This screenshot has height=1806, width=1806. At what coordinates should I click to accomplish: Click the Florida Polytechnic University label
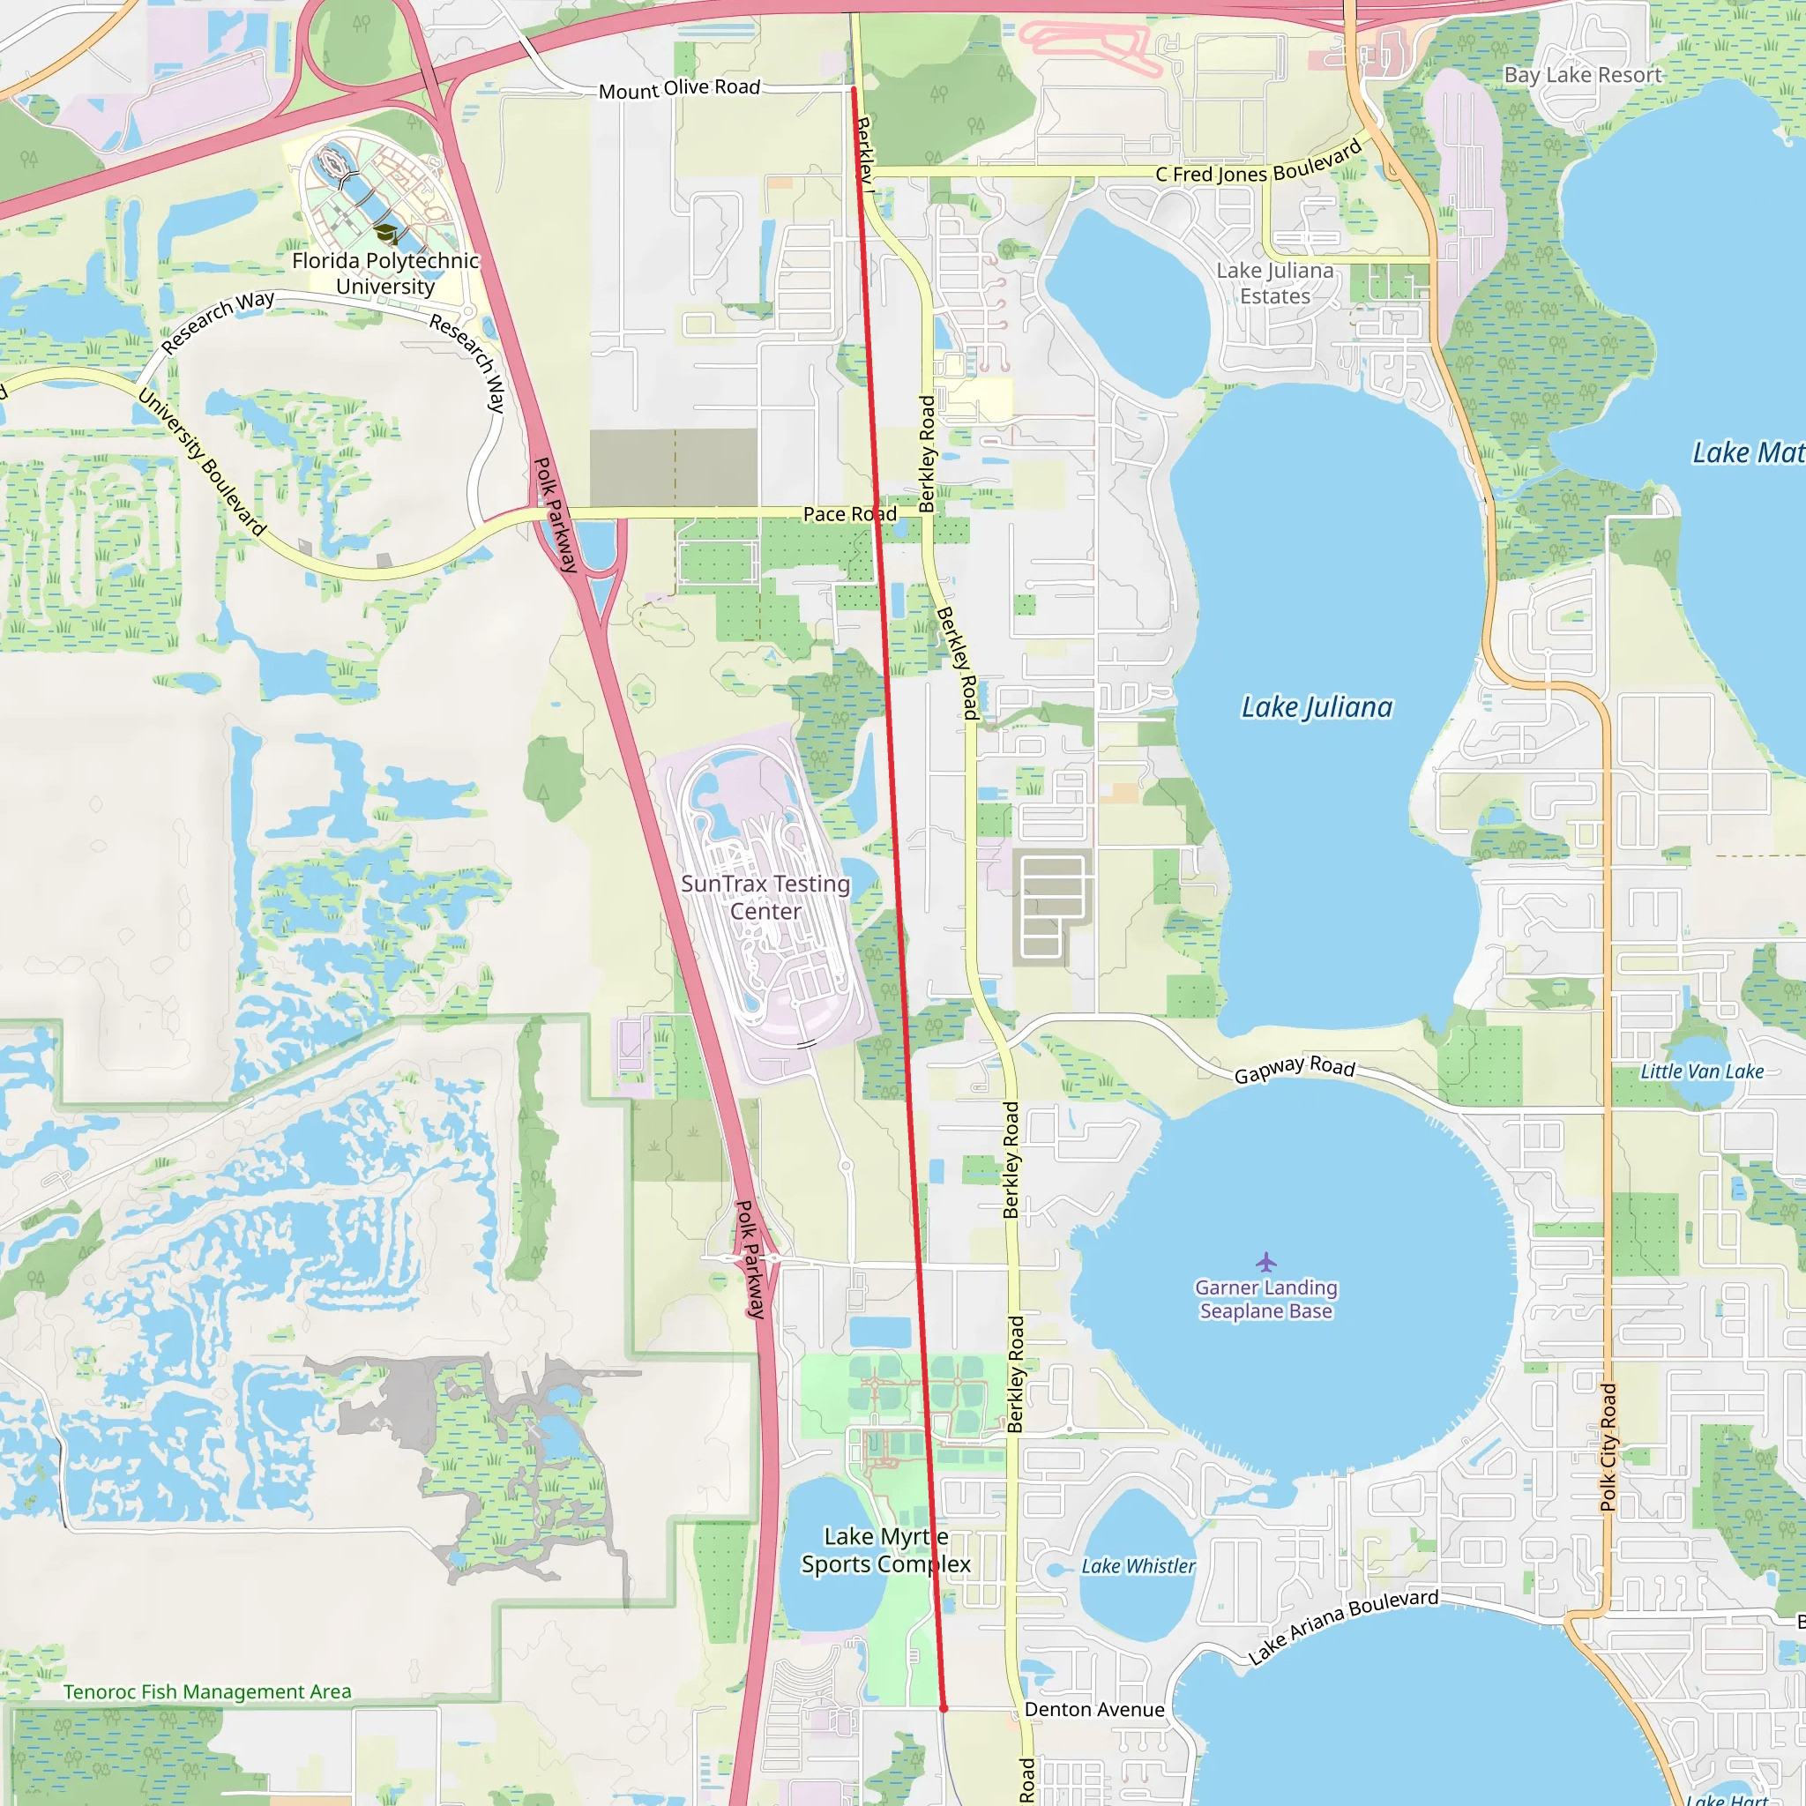385,273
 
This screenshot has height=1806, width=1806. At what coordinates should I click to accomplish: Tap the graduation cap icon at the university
385,233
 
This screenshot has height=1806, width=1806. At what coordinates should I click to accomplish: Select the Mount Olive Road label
680,89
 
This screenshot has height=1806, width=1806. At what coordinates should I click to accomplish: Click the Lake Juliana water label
1317,707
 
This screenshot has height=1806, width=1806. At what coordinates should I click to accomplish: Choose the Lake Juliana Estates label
1275,283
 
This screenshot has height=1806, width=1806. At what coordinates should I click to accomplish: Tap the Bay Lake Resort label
1583,75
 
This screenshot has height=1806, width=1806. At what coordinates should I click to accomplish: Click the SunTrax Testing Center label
765,898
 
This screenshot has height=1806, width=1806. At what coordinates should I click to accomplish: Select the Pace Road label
850,514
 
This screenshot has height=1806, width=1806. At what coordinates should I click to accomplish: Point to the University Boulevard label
202,463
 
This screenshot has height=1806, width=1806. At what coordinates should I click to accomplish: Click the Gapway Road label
1295,1069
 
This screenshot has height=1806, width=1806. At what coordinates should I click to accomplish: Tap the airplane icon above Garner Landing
1265,1263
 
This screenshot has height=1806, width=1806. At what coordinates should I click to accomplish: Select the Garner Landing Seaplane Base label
1265,1299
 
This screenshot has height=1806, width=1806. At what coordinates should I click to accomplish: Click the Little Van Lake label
1702,1071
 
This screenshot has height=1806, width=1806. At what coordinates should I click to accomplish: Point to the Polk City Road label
1608,1447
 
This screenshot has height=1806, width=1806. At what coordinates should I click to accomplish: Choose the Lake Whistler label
1138,1566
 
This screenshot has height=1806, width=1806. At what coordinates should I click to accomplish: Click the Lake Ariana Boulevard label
1343,1626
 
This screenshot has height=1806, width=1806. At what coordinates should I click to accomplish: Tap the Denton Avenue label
1093,1710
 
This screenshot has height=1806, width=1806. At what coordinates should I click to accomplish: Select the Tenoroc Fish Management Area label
207,1692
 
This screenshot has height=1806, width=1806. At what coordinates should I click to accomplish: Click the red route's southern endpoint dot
944,1709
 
